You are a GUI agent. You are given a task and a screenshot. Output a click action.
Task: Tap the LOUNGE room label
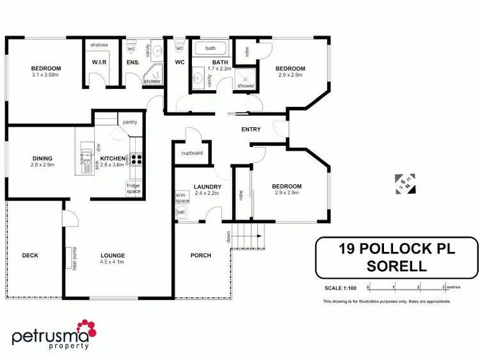[112, 255]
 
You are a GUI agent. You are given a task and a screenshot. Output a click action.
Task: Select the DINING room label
[42, 158]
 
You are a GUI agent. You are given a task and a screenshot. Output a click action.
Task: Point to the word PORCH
[201, 255]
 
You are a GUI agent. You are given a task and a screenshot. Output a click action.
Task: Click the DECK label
[30, 255]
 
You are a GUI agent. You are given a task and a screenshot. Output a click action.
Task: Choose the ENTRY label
[251, 130]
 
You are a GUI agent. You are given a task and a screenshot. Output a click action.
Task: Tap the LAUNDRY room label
[208, 187]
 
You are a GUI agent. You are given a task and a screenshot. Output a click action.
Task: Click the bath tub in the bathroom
[211, 49]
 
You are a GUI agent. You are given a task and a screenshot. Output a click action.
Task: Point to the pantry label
[130, 121]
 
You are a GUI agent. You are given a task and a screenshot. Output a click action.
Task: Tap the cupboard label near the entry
[192, 153]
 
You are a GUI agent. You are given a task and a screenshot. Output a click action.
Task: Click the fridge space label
[133, 189]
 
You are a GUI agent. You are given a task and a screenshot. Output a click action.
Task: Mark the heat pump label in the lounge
[75, 258]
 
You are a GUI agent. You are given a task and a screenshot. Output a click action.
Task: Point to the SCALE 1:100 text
[342, 286]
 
